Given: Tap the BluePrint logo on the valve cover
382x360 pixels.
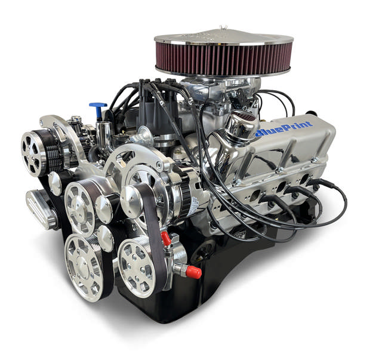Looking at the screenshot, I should pyautogui.click(x=284, y=129).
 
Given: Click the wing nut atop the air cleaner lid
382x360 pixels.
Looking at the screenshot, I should pyautogui.click(x=222, y=28).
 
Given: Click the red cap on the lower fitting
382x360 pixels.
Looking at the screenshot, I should pyautogui.click(x=192, y=272).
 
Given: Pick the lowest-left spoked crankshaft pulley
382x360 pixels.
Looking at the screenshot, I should pyautogui.click(x=84, y=265).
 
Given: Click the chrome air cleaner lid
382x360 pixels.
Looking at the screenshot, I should pyautogui.click(x=222, y=37).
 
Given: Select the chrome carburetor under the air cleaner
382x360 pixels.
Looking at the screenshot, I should pyautogui.click(x=206, y=90).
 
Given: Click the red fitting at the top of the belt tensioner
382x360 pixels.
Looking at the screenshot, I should pyautogui.click(x=167, y=239).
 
